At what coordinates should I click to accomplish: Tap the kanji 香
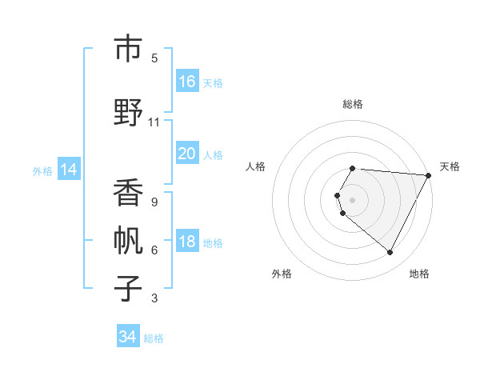[x=128, y=193]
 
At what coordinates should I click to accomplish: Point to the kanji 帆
[x=128, y=239]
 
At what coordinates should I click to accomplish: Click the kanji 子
[x=128, y=288]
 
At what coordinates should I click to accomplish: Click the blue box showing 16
[x=187, y=82]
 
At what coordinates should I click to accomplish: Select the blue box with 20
[x=187, y=154]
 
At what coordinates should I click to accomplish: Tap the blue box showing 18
[x=187, y=242]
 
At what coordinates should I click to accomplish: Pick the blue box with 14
[x=68, y=170]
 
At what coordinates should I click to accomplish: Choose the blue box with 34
[x=128, y=337]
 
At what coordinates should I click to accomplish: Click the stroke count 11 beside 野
[x=154, y=122]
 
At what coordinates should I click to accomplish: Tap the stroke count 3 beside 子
[x=154, y=299]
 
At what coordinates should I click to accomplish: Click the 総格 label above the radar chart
[x=353, y=104]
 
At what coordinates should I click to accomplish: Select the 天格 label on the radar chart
[x=450, y=166]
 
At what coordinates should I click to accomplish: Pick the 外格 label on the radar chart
[x=282, y=274]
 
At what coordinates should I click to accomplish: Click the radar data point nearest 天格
[x=429, y=176]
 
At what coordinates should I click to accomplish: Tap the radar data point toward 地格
[x=390, y=253]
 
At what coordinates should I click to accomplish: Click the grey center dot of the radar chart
[x=353, y=199]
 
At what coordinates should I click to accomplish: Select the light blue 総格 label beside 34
[x=154, y=338]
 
